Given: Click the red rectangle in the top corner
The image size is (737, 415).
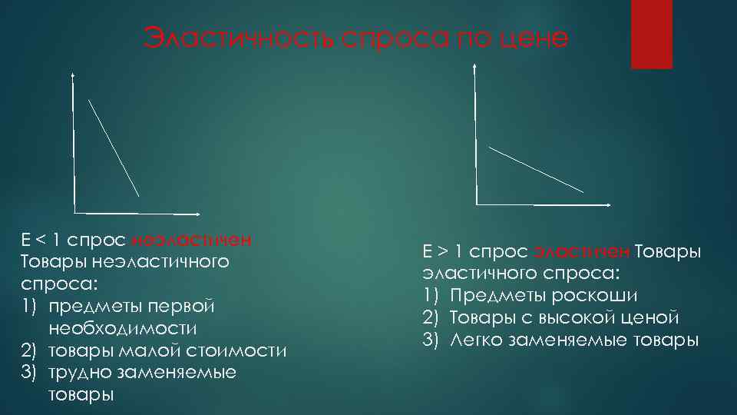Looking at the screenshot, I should (x=651, y=35).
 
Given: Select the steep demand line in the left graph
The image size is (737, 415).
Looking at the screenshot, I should (x=114, y=148).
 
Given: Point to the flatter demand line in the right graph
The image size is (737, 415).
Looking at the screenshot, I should (x=536, y=169).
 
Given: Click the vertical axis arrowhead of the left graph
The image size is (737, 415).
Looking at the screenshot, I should (x=72, y=75).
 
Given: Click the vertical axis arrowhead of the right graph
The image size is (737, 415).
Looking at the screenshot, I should (x=475, y=67).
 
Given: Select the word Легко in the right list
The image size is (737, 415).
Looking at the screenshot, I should (x=476, y=340).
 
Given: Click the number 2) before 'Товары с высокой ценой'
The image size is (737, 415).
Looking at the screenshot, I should (x=431, y=317).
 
